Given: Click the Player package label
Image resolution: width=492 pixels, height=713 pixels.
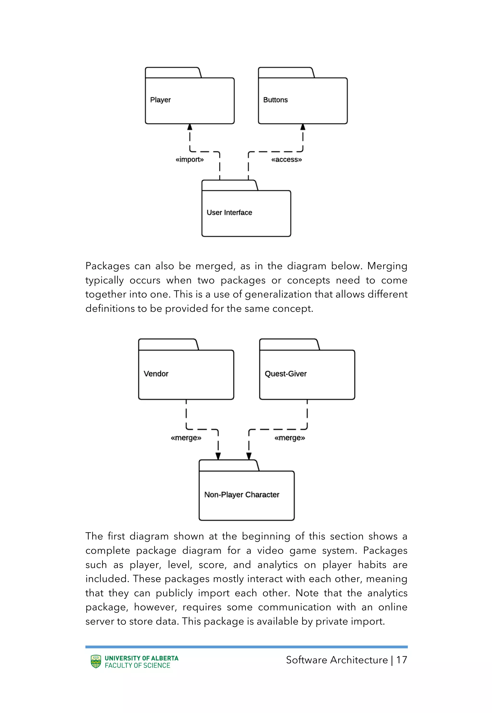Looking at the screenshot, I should pyautogui.click(x=160, y=100).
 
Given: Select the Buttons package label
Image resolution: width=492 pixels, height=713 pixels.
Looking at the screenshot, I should pyautogui.click(x=275, y=100).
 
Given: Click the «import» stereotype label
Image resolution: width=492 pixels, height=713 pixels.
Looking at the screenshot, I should pyautogui.click(x=190, y=159).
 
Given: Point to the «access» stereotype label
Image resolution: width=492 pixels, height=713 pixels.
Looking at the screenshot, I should pyautogui.click(x=286, y=159).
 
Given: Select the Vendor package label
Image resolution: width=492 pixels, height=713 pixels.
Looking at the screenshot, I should pyautogui.click(x=156, y=374).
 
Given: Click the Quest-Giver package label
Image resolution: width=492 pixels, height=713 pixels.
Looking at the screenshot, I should pyautogui.click(x=285, y=374).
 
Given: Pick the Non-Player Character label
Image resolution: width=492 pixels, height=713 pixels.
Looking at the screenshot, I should pyautogui.click(x=242, y=495).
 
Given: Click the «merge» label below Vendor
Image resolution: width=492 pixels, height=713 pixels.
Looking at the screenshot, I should pyautogui.click(x=186, y=438).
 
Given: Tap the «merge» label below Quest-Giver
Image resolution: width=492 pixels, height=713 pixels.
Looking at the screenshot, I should pyautogui.click(x=289, y=438).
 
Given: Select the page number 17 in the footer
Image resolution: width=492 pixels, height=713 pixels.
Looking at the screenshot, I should pyautogui.click(x=401, y=660).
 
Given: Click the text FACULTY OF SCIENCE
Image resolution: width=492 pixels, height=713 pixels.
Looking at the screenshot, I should pyautogui.click(x=137, y=665).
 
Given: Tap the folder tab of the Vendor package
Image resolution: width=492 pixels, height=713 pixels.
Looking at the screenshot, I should pyautogui.click(x=168, y=344).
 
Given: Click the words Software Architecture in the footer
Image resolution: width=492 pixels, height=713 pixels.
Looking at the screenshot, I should pyautogui.click(x=337, y=660).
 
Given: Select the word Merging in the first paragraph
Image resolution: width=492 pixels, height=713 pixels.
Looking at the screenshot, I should pyautogui.click(x=387, y=266).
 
